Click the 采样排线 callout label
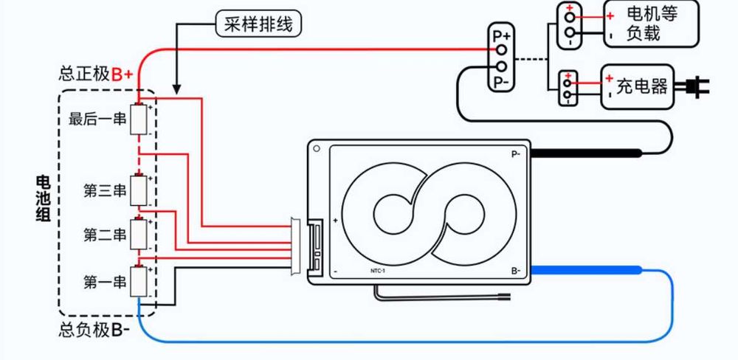click(258, 24)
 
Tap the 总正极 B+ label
click(96, 74)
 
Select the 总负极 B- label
click(94, 330)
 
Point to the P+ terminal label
click(502, 35)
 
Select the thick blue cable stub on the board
click(583, 271)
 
